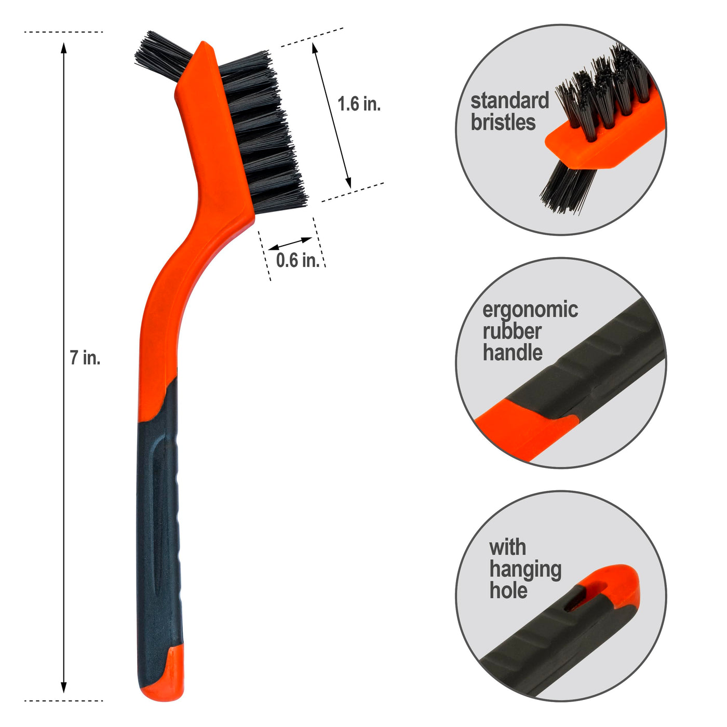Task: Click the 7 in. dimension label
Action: (85, 358)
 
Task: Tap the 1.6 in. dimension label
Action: (359, 104)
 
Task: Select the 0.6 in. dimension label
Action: (298, 260)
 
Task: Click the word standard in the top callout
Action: (509, 101)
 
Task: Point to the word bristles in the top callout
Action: (503, 122)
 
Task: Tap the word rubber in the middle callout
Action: (512, 331)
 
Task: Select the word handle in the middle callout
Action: (513, 353)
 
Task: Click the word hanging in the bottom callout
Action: (525, 570)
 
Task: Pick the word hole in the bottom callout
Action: (508, 590)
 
